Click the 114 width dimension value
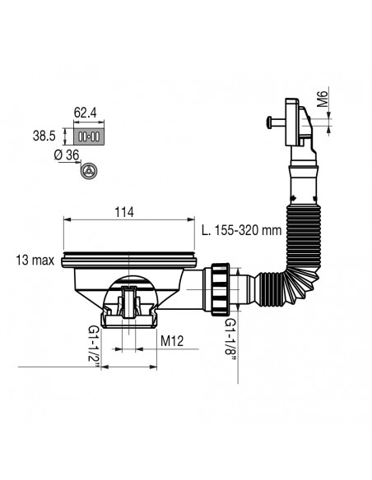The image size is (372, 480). [124, 213]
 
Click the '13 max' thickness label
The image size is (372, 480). [35, 261]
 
